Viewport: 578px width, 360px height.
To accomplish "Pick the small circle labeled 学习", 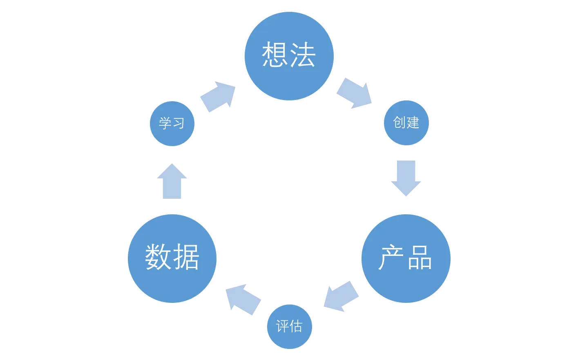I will coord(172,123).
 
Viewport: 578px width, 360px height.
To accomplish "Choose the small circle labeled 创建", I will coord(406,122).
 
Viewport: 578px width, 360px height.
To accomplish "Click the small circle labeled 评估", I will coord(289,327).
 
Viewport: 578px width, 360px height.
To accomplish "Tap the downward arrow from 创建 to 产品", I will coord(406,179).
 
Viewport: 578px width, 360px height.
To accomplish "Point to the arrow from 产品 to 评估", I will coord(341,296).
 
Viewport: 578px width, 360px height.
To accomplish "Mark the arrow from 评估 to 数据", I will coord(243,299).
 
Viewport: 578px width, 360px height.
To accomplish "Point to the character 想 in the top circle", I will coord(274,55).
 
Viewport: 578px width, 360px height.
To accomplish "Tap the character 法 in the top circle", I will coord(303,55).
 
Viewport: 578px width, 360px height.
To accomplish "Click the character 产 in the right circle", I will coord(391,258).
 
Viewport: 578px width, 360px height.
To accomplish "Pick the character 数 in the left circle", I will coord(158,257).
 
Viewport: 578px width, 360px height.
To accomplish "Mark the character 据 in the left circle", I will coord(186,257).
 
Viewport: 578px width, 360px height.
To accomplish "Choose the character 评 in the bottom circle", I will coord(282,327).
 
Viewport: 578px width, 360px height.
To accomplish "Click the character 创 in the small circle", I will coord(399,122).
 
